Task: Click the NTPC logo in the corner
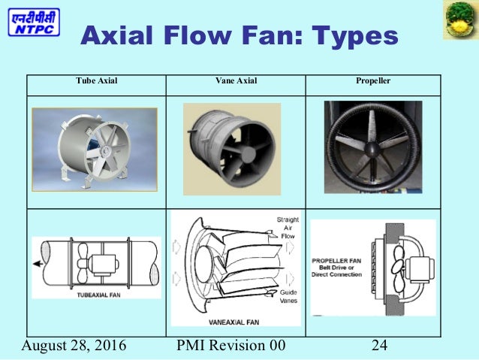point(35,23)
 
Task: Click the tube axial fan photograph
point(95,148)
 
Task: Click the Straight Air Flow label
point(288,225)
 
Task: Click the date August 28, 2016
point(74,346)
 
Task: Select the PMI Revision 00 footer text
point(230,346)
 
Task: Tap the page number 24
point(379,346)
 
